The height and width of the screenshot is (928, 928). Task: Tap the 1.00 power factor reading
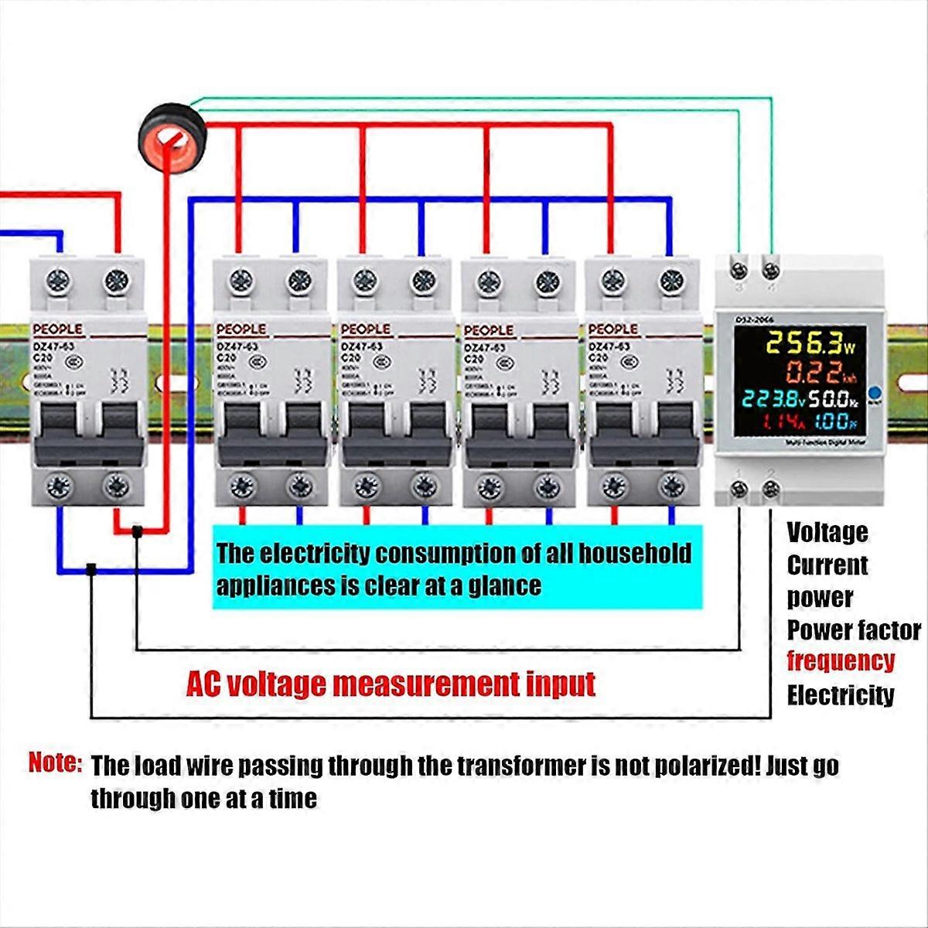click(x=834, y=423)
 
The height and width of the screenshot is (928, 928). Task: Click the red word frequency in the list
click(x=841, y=662)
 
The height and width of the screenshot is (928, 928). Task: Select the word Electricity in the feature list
click(x=841, y=695)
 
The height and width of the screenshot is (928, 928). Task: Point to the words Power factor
click(x=854, y=630)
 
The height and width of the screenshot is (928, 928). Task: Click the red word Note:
click(x=55, y=763)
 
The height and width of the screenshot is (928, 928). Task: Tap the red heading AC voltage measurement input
click(x=391, y=684)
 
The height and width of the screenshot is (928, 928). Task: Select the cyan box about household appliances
click(x=457, y=568)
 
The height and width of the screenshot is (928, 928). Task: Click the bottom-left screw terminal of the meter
click(x=739, y=488)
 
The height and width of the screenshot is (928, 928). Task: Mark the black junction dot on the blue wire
click(x=91, y=569)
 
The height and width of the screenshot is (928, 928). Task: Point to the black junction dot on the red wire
click(x=137, y=531)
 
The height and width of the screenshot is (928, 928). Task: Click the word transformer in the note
click(x=520, y=766)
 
